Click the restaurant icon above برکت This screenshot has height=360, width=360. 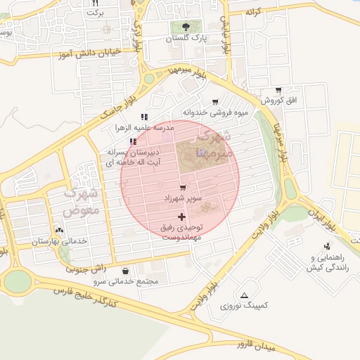coord(95,4)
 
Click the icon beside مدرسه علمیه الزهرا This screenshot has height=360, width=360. coord(144,117)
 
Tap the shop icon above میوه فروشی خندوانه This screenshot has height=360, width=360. coord(215,102)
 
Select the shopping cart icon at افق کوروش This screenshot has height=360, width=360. coord(279,90)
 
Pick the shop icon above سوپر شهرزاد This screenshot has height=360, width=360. coord(183,188)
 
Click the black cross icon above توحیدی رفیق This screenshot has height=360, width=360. coord(182,217)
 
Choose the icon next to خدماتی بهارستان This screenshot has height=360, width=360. coord(59,230)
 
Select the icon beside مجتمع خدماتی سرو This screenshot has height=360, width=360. coord(125,271)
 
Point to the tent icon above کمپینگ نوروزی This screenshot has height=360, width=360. coord(244,295)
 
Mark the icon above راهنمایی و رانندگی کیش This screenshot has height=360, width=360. coord(327,246)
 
